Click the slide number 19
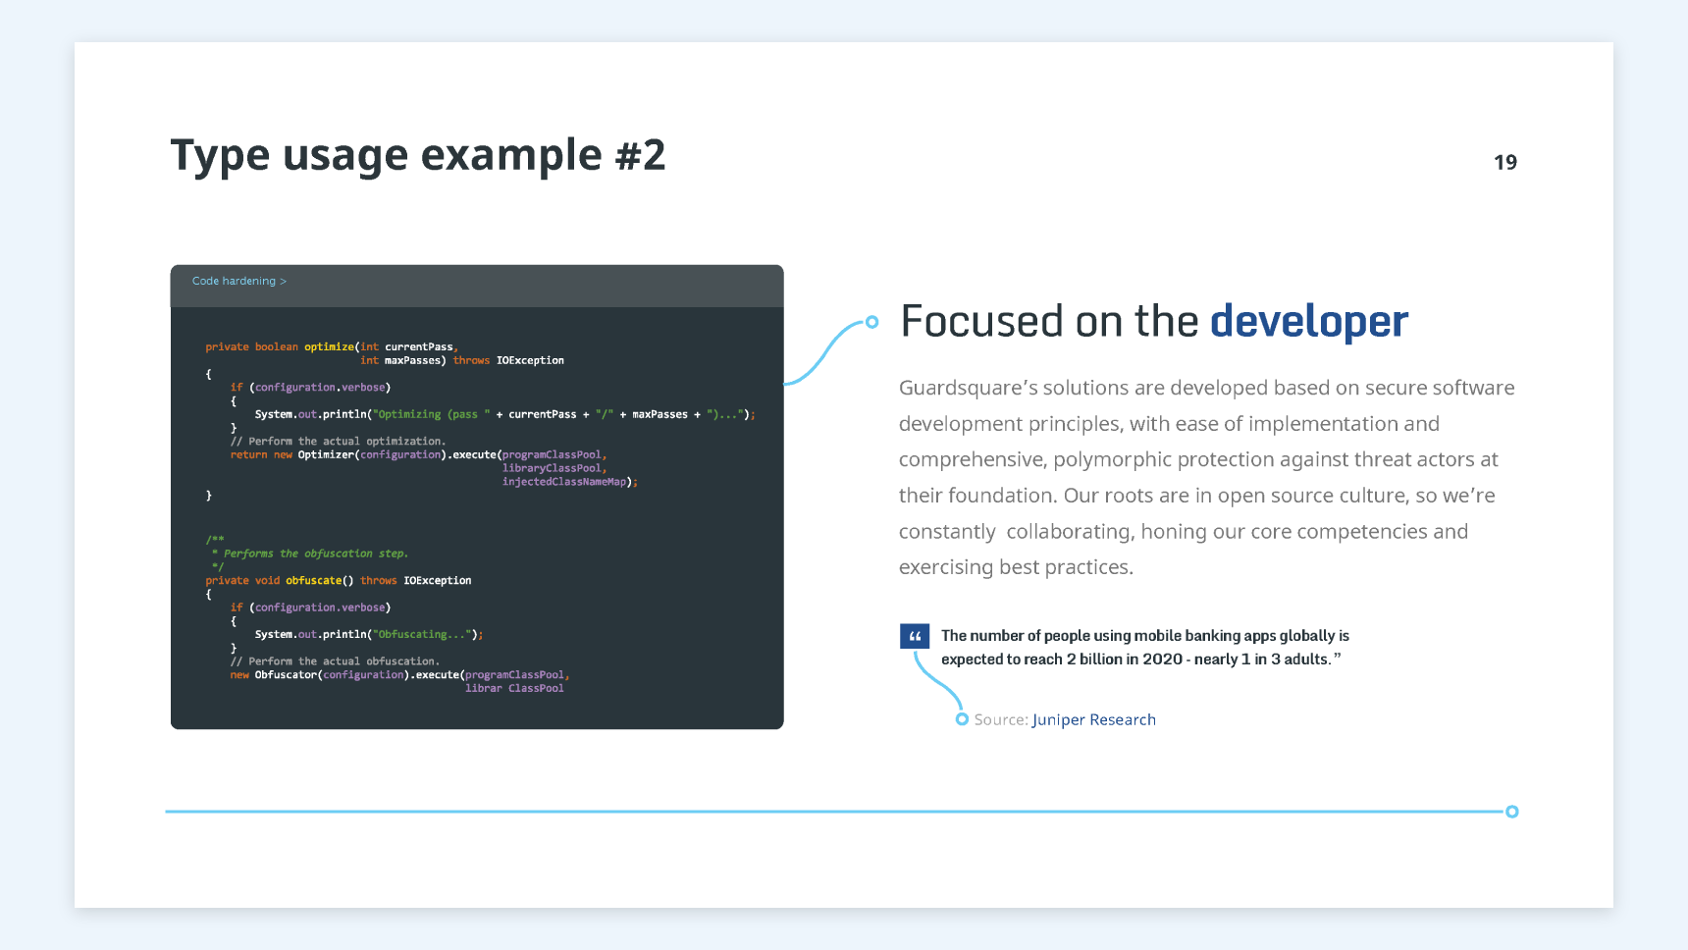click(x=1505, y=162)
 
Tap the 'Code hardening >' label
click(x=239, y=281)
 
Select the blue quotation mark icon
click(x=915, y=636)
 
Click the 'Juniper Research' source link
click(x=1094, y=719)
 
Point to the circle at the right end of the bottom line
click(x=1512, y=812)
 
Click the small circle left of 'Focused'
click(x=871, y=322)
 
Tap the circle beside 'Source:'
click(x=962, y=719)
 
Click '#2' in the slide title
click(x=641, y=155)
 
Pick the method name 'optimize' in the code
click(x=329, y=346)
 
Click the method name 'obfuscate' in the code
click(x=313, y=581)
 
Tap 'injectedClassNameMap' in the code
click(x=564, y=482)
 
